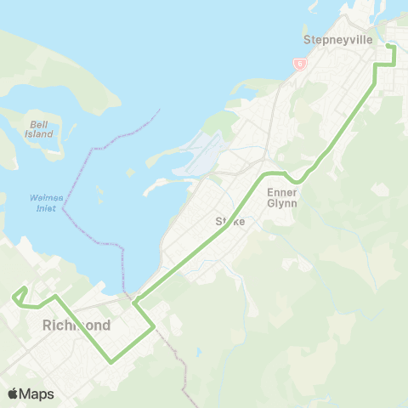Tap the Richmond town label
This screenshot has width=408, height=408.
coord(76,326)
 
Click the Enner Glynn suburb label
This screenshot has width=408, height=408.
coord(281,197)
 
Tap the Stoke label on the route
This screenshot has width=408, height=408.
coord(229,221)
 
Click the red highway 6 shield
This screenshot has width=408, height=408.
coord(299,64)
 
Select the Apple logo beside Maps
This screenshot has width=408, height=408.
coord(14,394)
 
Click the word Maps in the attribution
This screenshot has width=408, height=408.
coord(38,394)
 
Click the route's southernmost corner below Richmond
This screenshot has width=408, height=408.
coord(111,361)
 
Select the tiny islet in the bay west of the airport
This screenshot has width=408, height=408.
coord(130,172)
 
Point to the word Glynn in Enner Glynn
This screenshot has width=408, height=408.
coord(281,203)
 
